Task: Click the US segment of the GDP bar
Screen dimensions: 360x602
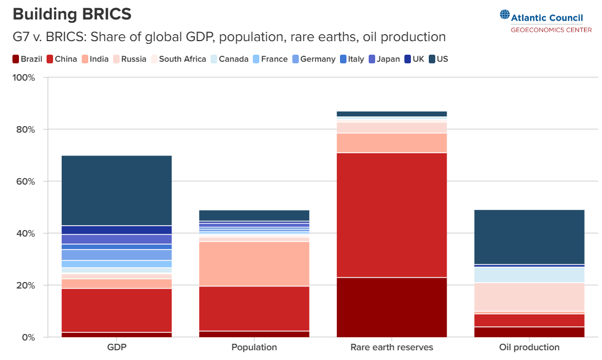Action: tap(116, 190)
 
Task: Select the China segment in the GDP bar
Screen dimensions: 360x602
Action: tap(116, 310)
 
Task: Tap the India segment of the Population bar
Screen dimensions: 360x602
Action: tap(254, 264)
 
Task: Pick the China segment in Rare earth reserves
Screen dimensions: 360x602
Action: tap(391, 215)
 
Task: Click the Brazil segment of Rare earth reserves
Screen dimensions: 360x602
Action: tap(391, 307)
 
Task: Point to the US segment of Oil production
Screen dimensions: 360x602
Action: tap(529, 237)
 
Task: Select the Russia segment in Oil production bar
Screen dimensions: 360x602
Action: tap(529, 297)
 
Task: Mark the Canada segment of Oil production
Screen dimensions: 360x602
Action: tap(529, 274)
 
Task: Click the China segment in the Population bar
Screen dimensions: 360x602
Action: tap(254, 308)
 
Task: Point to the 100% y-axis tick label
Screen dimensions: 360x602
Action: tap(23, 78)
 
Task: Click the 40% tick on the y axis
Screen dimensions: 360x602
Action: tap(25, 233)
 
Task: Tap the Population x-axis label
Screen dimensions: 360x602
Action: tap(254, 348)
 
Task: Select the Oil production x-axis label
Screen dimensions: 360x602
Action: tap(529, 348)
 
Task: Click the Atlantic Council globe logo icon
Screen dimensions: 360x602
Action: tap(505, 16)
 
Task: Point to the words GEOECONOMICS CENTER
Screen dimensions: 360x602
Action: tap(551, 30)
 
